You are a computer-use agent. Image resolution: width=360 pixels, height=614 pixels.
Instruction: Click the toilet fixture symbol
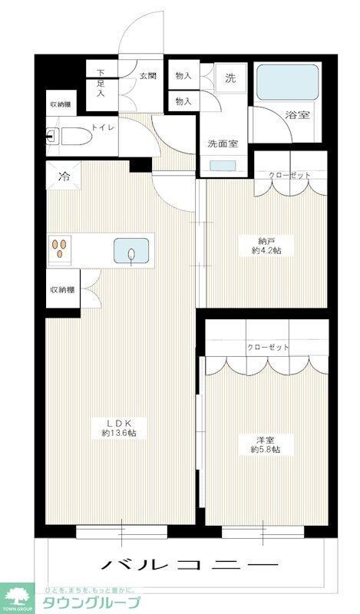(67, 137)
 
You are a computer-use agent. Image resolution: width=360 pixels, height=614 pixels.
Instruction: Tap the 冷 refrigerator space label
(64, 176)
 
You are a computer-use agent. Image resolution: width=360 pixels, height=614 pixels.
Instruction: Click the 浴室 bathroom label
(298, 116)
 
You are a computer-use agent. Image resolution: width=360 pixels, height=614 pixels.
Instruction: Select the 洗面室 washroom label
(223, 143)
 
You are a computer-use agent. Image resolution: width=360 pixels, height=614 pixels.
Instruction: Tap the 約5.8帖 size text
(266, 449)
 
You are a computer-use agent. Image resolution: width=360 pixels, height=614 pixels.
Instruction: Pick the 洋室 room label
(266, 439)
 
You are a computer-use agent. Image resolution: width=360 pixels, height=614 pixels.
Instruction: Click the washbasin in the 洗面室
(223, 165)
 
